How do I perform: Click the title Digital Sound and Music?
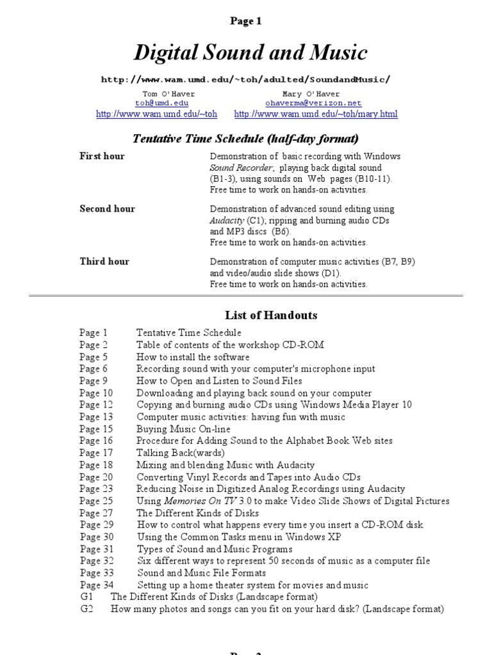point(250,52)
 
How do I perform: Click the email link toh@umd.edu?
point(161,102)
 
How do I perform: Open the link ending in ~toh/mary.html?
point(316,114)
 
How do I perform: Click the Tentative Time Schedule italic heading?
point(245,138)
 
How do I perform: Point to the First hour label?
point(102,156)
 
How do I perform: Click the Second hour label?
point(107,209)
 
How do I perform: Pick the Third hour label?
point(104,261)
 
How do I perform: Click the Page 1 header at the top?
point(246,21)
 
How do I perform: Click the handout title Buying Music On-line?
point(183,429)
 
